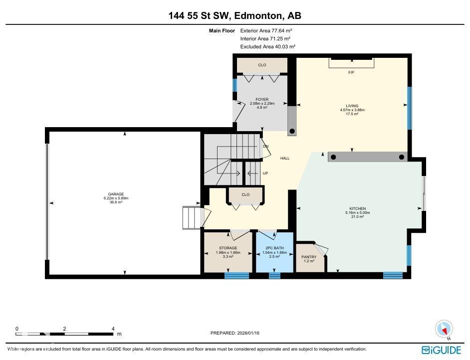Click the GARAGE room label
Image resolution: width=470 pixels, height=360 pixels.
(x=116, y=194)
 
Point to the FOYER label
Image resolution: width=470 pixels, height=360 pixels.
(x=262, y=100)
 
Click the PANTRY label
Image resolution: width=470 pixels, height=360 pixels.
(x=309, y=257)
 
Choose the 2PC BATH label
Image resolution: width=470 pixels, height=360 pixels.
(x=272, y=248)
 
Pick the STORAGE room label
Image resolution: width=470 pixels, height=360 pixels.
(x=228, y=248)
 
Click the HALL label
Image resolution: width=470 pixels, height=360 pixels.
(x=284, y=158)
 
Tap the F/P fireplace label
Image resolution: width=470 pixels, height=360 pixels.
(x=351, y=72)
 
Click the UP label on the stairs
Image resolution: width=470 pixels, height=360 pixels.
(x=265, y=173)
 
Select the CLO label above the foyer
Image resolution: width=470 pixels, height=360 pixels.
(x=262, y=65)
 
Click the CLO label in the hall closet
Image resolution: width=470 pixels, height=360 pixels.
(x=245, y=194)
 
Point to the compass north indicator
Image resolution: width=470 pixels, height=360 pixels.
(x=444, y=329)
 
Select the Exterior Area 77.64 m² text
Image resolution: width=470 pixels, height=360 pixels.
(x=265, y=30)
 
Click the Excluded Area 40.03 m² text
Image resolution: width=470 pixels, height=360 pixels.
(x=267, y=46)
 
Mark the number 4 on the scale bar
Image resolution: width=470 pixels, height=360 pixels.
(x=113, y=329)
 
